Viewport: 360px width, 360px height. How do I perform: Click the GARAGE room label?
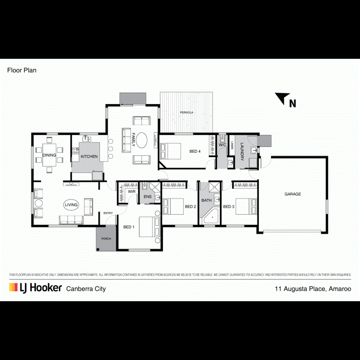coord(292,194)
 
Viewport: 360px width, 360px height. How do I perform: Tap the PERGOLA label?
coord(186,112)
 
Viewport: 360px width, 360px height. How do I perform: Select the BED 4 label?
coord(195,151)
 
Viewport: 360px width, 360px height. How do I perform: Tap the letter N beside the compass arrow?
coord(293,104)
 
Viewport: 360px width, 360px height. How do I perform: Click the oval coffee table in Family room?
coord(142,140)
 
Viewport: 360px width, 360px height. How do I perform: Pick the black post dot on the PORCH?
coord(98,249)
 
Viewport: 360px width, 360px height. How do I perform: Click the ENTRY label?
coord(108,213)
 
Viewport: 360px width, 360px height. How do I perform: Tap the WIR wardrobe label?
coord(131,192)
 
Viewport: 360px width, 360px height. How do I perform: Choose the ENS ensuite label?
coord(148,197)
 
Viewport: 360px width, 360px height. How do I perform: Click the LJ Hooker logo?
coord(36,288)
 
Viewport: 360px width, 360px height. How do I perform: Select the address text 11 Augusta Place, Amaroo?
coord(313,288)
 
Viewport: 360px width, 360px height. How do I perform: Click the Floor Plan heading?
coord(22,70)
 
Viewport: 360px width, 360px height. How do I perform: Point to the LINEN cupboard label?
coord(232,145)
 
